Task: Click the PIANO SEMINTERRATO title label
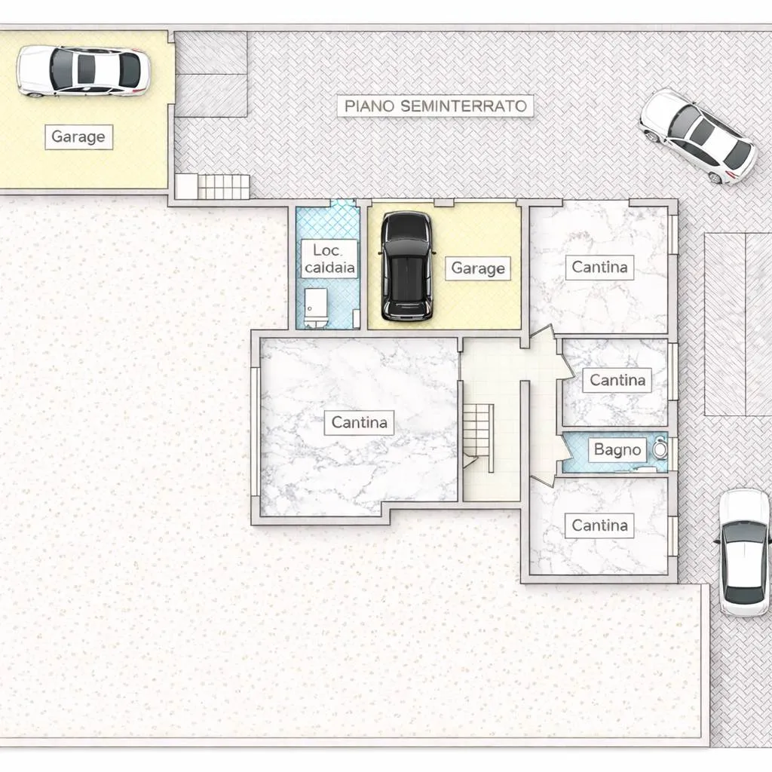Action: [x=435, y=106]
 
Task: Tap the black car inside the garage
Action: [x=407, y=266]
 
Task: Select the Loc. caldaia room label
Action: [x=329, y=259]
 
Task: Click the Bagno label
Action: [x=617, y=449]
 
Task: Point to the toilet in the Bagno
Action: [x=660, y=449]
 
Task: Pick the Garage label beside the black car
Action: [x=477, y=268]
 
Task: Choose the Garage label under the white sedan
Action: [x=78, y=137]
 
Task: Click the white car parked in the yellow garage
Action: [x=83, y=71]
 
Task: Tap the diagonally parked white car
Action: [x=698, y=136]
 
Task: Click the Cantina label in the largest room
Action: [x=359, y=422]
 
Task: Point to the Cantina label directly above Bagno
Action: [x=617, y=380]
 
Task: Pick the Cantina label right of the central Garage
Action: [x=599, y=268]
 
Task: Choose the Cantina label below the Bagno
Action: [x=599, y=525]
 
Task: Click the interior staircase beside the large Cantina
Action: [x=477, y=438]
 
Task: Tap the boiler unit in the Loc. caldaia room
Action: [x=316, y=308]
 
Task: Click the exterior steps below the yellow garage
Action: [x=213, y=187]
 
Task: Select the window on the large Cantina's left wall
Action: [x=255, y=432]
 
